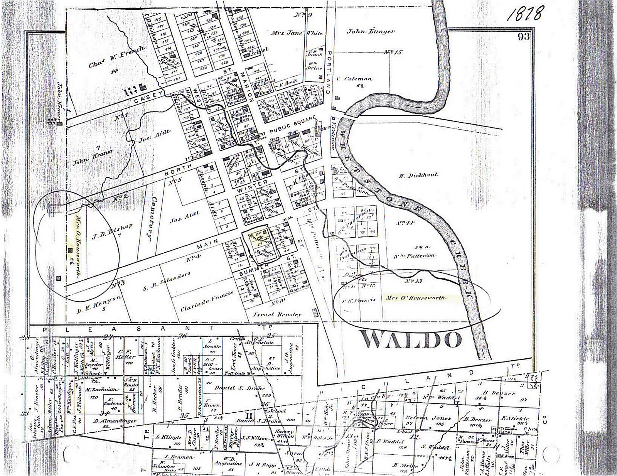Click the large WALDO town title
tap(412, 340)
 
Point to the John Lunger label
tap(370, 32)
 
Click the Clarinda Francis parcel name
tap(207, 301)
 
